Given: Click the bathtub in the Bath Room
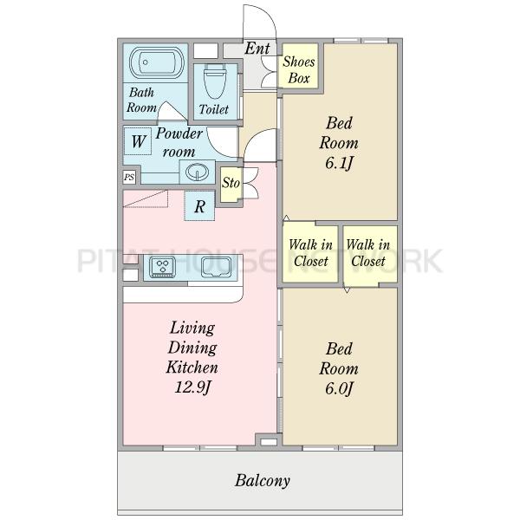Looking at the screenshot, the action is click(x=156, y=62).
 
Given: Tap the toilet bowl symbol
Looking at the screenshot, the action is click(x=215, y=81).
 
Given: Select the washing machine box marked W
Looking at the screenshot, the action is click(x=138, y=141).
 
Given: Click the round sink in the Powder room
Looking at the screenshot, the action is click(x=197, y=172).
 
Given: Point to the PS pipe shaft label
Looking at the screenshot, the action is click(x=129, y=177).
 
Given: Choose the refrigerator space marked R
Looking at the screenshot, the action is click(x=199, y=206).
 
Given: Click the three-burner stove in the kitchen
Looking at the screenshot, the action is click(x=163, y=267).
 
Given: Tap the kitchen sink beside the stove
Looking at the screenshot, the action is click(x=216, y=267).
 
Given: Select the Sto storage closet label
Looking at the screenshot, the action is click(x=231, y=183).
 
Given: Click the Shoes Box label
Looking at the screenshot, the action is click(x=299, y=69).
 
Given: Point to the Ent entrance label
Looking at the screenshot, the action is click(x=257, y=49).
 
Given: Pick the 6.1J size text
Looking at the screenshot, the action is click(x=339, y=163).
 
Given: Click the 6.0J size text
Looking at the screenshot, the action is click(x=339, y=388).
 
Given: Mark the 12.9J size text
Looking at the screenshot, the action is click(x=192, y=387).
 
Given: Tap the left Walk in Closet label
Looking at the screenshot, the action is click(x=311, y=253).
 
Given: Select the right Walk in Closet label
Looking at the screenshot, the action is click(x=368, y=253).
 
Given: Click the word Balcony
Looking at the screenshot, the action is click(x=263, y=480).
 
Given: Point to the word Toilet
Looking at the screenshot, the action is click(x=214, y=109).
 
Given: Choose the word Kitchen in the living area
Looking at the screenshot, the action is click(x=192, y=367).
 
